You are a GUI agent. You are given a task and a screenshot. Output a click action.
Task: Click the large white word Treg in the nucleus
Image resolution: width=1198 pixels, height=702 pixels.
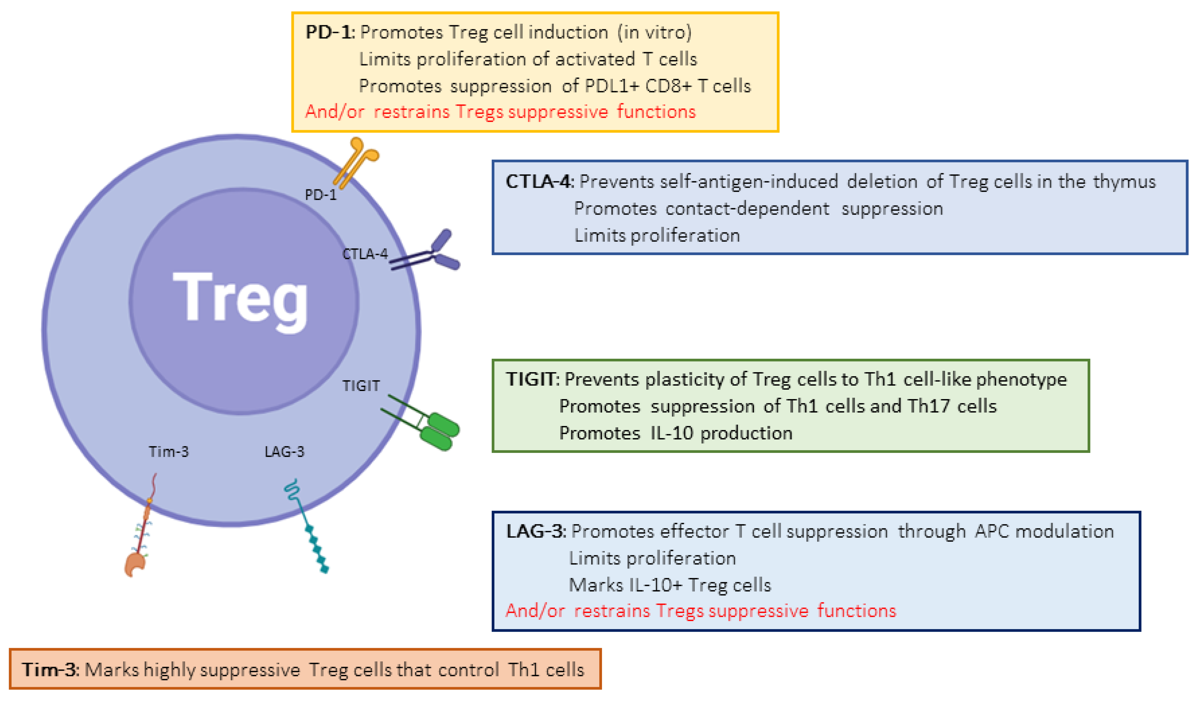pyautogui.click(x=240, y=299)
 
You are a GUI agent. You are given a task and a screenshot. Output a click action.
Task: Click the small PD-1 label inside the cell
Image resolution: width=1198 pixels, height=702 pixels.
pyautogui.click(x=320, y=195)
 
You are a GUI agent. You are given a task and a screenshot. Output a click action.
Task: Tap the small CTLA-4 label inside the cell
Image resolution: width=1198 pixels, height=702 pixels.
pyautogui.click(x=365, y=254)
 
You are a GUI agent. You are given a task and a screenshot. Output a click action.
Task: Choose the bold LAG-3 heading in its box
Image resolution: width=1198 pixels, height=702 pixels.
pyautogui.click(x=535, y=531)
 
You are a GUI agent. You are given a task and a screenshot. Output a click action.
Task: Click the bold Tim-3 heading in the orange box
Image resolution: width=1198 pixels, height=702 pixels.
pyautogui.click(x=50, y=670)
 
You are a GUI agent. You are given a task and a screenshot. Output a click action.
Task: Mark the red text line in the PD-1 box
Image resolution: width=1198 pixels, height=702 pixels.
pyautogui.click(x=500, y=112)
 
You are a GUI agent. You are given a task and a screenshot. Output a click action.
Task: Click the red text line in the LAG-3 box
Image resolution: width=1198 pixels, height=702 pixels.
pyautogui.click(x=700, y=611)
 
